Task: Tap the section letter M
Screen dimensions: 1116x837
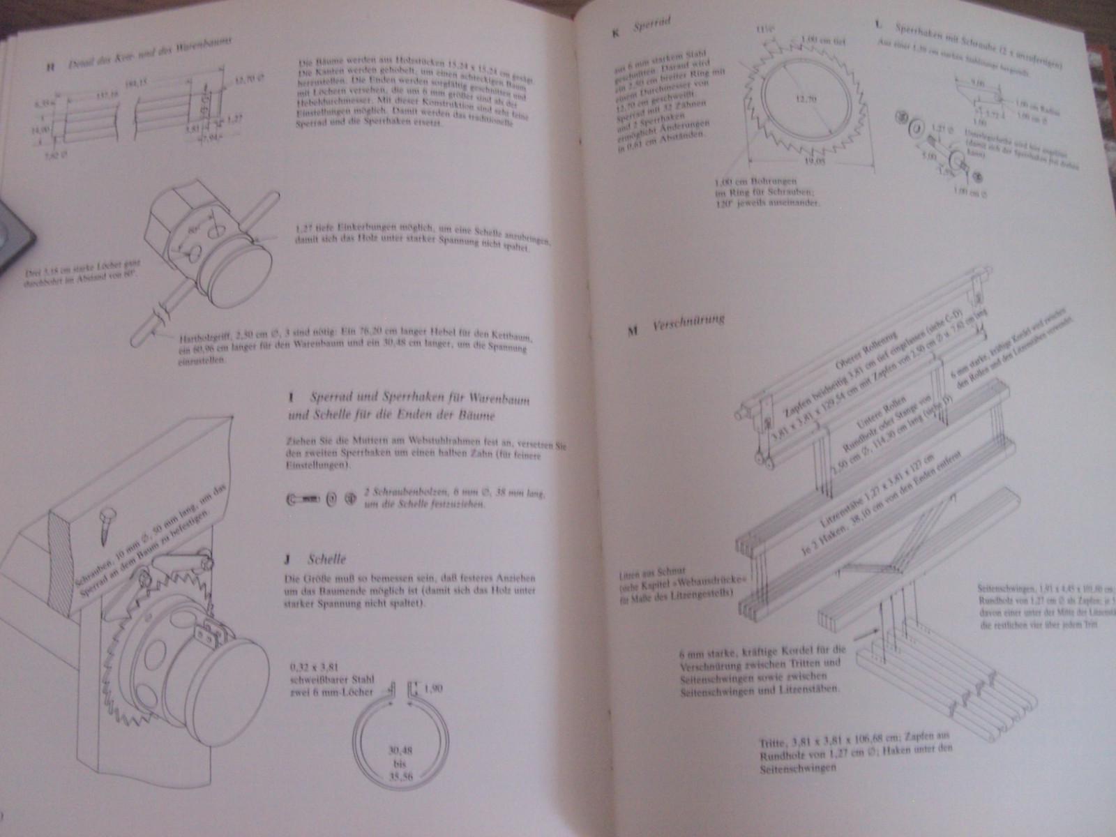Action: [x=633, y=331]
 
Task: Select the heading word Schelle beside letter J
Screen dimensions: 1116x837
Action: [x=326, y=559]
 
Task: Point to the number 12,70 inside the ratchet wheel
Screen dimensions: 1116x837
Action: [x=805, y=98]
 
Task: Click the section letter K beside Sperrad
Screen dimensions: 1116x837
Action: [x=614, y=31]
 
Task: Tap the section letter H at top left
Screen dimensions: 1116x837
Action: [x=50, y=68]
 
